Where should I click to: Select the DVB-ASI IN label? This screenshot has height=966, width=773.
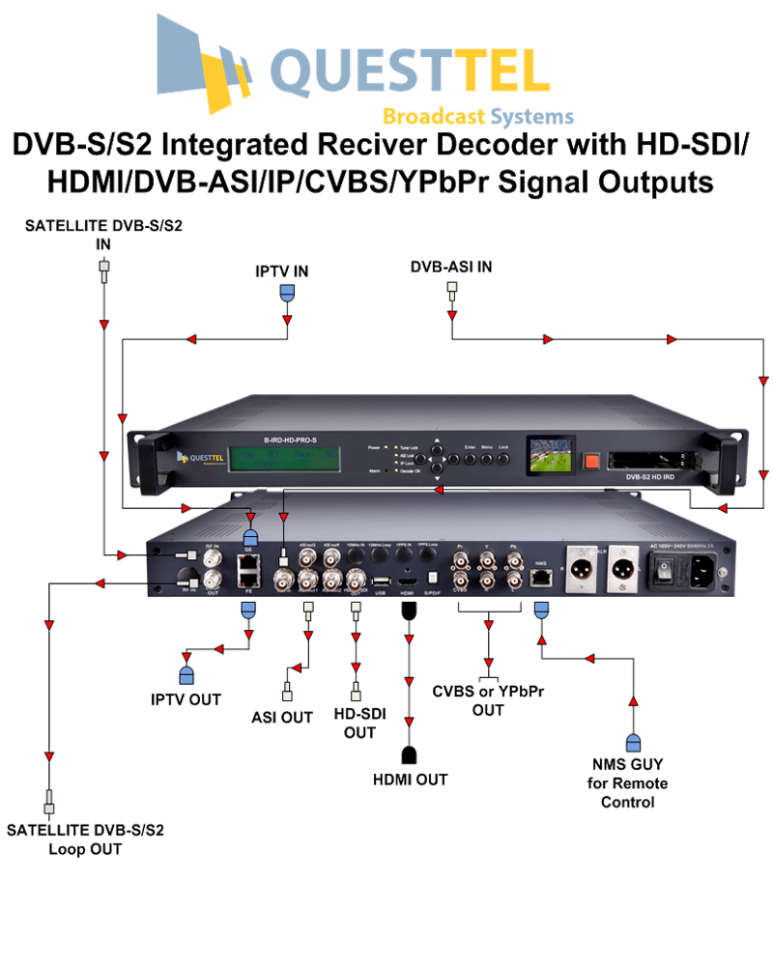point(451,267)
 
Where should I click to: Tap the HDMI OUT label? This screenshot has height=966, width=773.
point(410,779)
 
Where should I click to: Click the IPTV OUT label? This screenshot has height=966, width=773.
point(186,699)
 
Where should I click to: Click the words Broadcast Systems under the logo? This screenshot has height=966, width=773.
point(478,117)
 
